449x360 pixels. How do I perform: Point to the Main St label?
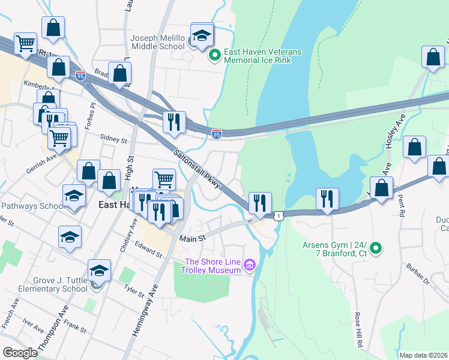[x=193, y=238]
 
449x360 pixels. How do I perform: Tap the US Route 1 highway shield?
[x=278, y=215]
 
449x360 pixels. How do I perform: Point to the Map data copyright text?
[x=423, y=355]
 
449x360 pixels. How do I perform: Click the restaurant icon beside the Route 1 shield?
[x=259, y=202]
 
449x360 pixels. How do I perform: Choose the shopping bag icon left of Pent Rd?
[x=414, y=147]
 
